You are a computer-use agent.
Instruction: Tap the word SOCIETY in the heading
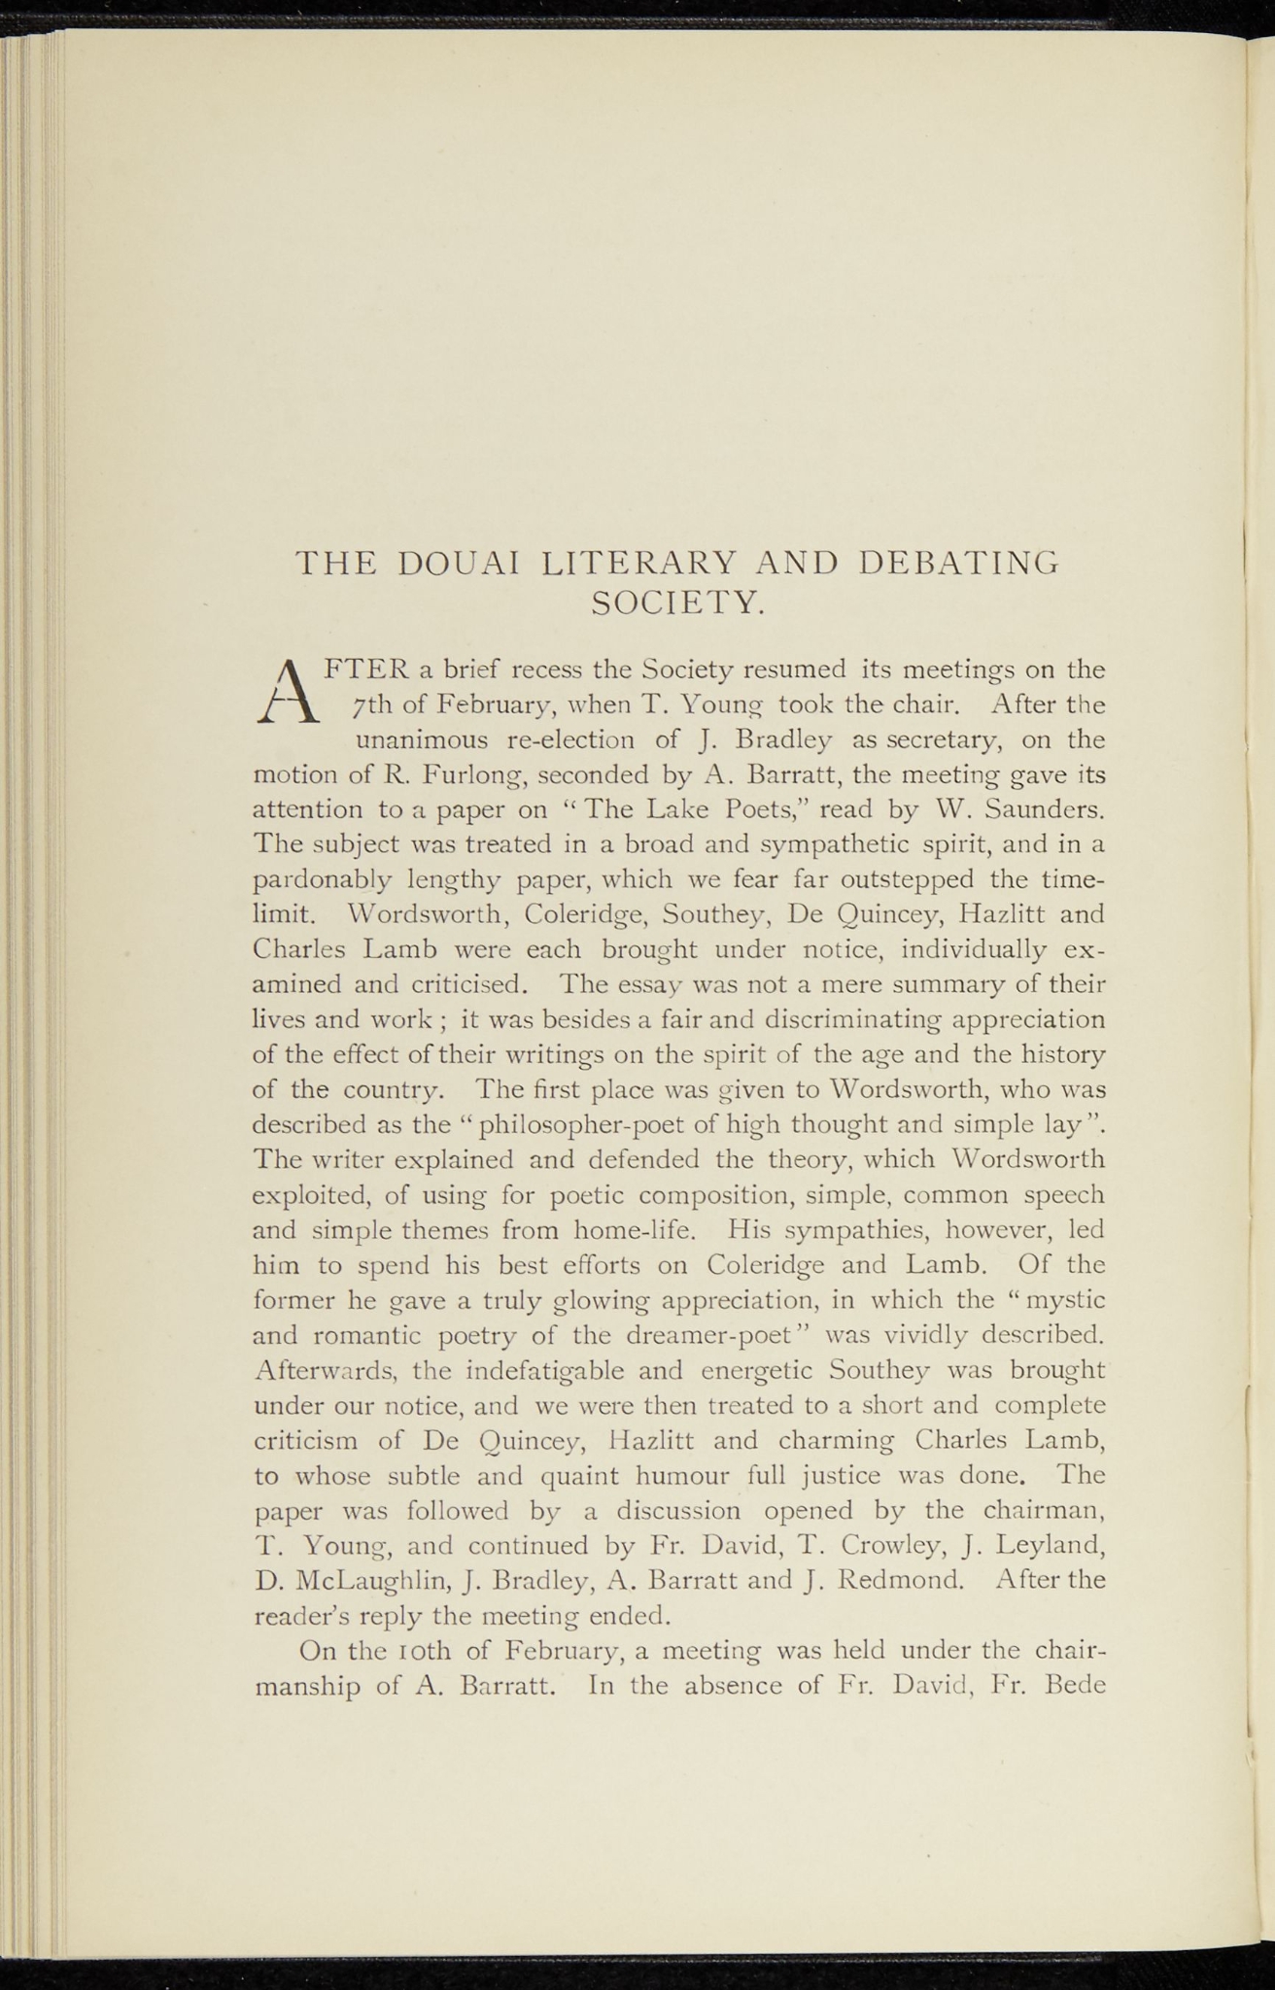coord(678,604)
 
